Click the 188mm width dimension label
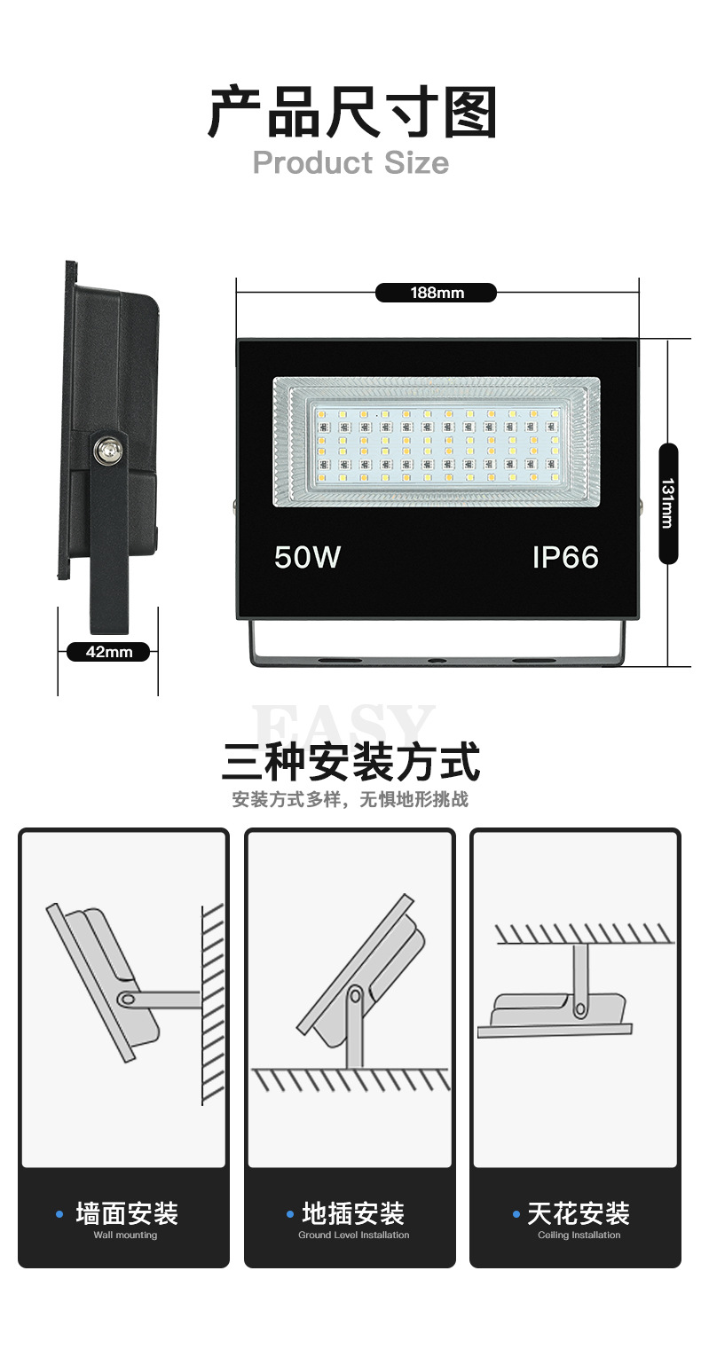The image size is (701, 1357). coord(436,293)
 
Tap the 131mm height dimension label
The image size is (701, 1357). coord(668,503)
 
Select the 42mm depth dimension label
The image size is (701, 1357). coord(108,652)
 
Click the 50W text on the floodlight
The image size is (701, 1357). coord(307,557)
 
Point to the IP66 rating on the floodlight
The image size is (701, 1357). coord(565,557)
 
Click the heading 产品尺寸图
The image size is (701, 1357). coord(351,113)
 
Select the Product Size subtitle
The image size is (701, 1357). coord(351,163)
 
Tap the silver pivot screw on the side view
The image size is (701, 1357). coord(107,450)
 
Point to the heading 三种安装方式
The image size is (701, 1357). coord(351,762)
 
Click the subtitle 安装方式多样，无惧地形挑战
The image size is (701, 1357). coord(350,799)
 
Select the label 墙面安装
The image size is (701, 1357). coord(127,1213)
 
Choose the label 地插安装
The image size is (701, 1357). coord(353,1213)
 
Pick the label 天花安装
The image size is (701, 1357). coord(579,1213)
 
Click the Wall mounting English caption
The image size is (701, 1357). coord(125,1235)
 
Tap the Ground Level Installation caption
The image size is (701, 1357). coord(353,1235)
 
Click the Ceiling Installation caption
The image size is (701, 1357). coord(579,1235)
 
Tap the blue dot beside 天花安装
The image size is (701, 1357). coord(516,1213)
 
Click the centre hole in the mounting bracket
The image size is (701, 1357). coord(436,661)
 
